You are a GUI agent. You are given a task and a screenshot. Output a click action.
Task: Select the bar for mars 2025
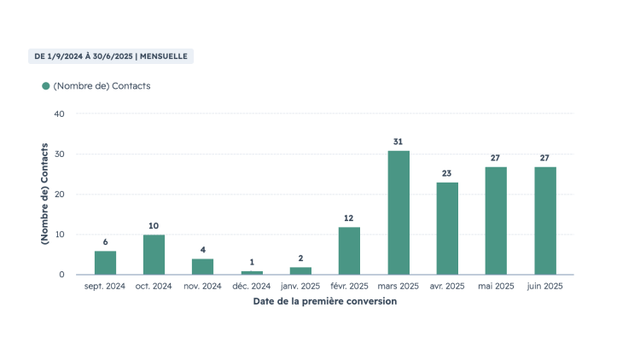pyautogui.click(x=399, y=212)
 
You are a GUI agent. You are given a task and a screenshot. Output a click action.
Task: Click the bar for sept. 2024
pyautogui.click(x=105, y=263)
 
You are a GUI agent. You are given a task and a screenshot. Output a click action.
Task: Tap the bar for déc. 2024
pyautogui.click(x=252, y=273)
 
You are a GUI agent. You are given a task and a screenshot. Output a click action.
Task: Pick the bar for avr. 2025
pyautogui.click(x=447, y=229)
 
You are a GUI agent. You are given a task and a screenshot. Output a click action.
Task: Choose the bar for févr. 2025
pyautogui.click(x=349, y=251)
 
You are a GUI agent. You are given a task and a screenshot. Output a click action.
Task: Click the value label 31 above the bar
pyautogui.click(x=398, y=142)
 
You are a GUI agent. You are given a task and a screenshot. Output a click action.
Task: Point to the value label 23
pyautogui.click(x=446, y=173)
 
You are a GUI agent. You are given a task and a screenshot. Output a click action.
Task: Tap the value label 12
pyautogui.click(x=348, y=218)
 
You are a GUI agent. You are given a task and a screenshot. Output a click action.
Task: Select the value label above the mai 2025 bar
pyautogui.click(x=495, y=158)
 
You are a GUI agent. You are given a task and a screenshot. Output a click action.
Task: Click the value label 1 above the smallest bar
pyautogui.click(x=252, y=262)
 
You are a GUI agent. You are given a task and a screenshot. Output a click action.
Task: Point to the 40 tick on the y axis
pyautogui.click(x=59, y=113)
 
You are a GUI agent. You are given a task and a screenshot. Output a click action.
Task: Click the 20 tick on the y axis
pyautogui.click(x=59, y=195)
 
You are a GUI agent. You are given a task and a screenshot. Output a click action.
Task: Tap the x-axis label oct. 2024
pyautogui.click(x=154, y=286)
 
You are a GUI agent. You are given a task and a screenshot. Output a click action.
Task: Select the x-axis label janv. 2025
pyautogui.click(x=300, y=286)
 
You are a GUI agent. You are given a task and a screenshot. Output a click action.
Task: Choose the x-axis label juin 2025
pyautogui.click(x=545, y=286)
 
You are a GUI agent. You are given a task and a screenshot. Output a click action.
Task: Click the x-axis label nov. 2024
pyautogui.click(x=202, y=286)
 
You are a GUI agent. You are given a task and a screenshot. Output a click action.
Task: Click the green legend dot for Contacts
pyautogui.click(x=46, y=85)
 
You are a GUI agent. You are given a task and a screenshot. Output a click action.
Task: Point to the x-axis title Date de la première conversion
pyautogui.click(x=325, y=301)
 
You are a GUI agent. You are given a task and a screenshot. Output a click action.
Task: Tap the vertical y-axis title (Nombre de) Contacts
pyautogui.click(x=44, y=194)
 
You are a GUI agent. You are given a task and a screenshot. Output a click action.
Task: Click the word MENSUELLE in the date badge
pyautogui.click(x=164, y=56)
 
